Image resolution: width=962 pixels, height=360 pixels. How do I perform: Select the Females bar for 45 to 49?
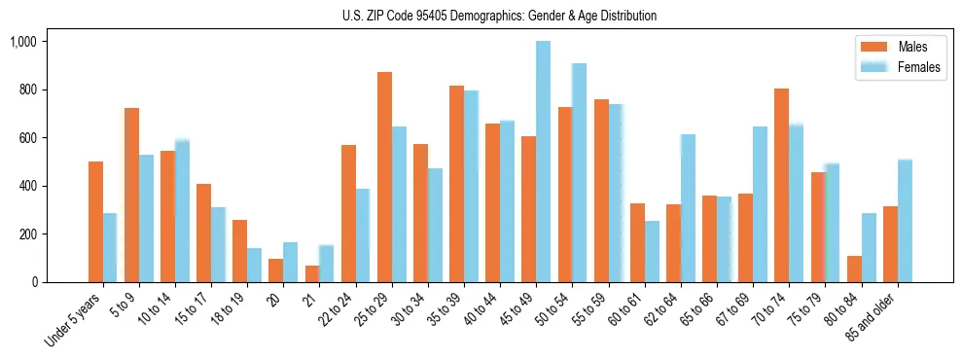(543, 162)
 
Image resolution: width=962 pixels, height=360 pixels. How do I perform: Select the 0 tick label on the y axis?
(34, 282)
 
